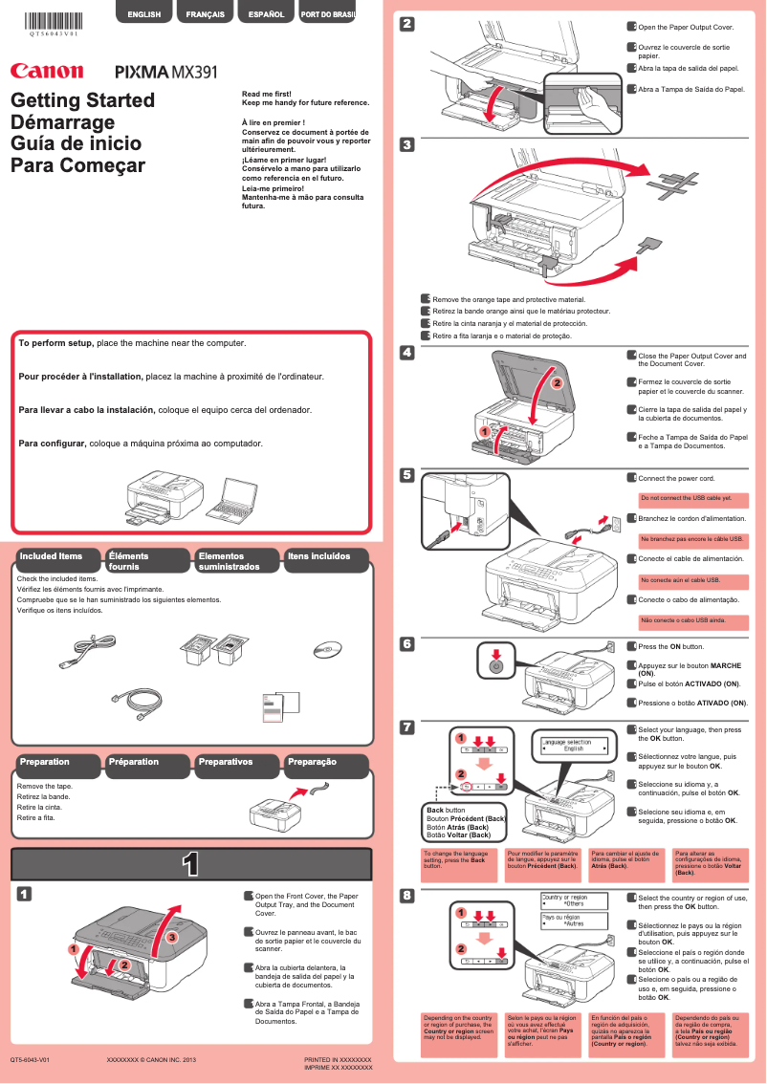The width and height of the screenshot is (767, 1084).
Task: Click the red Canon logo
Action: click(x=46, y=71)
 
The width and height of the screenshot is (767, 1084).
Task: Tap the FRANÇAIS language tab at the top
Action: click(x=206, y=14)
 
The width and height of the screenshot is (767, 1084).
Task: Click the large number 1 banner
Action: click(x=190, y=865)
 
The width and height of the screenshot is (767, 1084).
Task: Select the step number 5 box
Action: click(x=406, y=475)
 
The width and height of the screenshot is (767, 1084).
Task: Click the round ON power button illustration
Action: click(x=495, y=664)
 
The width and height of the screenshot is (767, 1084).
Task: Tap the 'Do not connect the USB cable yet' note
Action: click(x=686, y=498)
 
